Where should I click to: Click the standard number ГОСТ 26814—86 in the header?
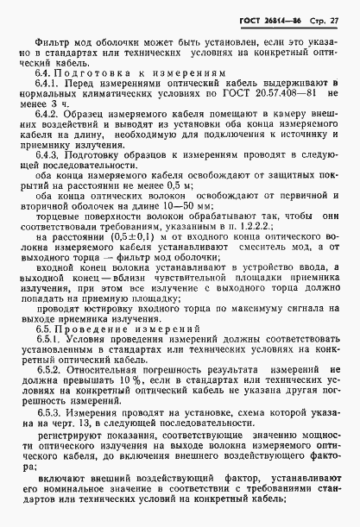(x=279, y=19)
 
